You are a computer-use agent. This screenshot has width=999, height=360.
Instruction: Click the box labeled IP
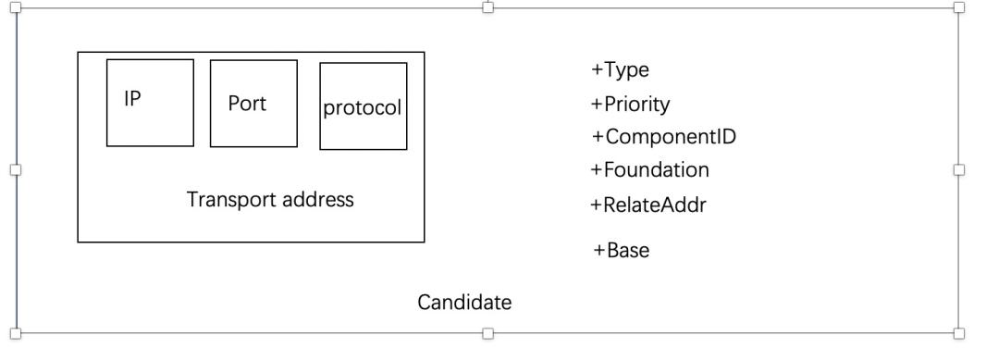pyautogui.click(x=150, y=103)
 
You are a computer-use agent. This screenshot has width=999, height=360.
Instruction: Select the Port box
pyautogui.click(x=253, y=103)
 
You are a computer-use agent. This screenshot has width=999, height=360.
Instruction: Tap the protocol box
pyautogui.click(x=363, y=106)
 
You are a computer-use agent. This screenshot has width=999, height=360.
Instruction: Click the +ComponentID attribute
pyautogui.click(x=663, y=137)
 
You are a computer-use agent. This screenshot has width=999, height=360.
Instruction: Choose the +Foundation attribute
pyautogui.click(x=649, y=170)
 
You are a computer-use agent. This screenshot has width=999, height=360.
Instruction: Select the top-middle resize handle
pyautogui.click(x=488, y=6)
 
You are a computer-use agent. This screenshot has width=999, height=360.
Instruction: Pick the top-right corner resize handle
pyautogui.click(x=958, y=6)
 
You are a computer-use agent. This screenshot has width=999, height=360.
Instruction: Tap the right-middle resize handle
pyautogui.click(x=958, y=169)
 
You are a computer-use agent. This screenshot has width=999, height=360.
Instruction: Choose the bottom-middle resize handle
pyautogui.click(x=488, y=332)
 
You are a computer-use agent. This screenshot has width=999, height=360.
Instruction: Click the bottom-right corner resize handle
pyautogui.click(x=958, y=332)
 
